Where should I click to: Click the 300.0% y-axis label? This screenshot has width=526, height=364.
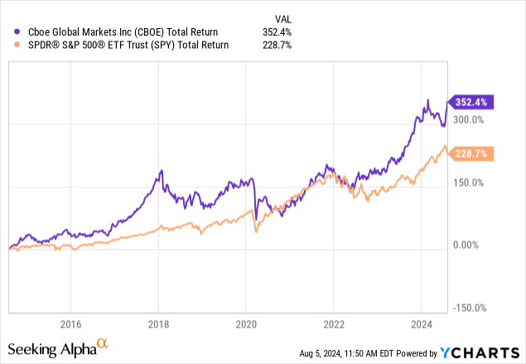click(471, 119)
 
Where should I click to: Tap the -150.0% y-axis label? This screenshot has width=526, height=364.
click(469, 308)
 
